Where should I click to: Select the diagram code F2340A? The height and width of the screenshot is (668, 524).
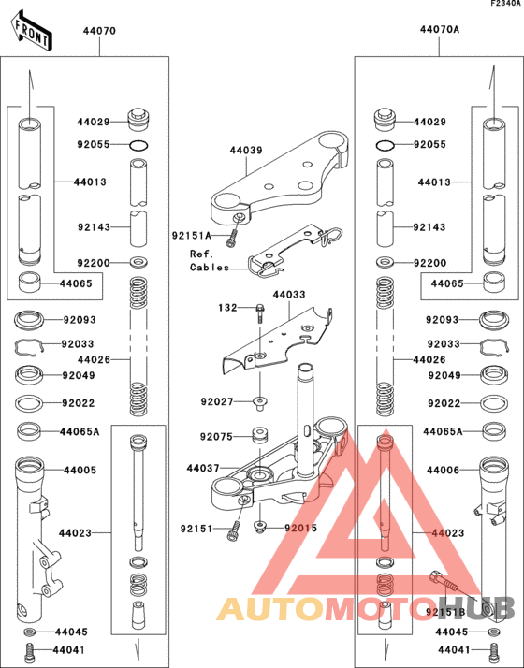[503, 5]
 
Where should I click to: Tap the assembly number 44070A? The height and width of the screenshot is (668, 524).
[439, 30]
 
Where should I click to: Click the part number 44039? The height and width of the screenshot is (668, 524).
[245, 151]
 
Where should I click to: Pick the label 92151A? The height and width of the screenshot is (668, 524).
[192, 235]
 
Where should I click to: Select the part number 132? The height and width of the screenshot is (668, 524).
[228, 307]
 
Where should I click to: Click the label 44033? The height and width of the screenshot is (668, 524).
[288, 295]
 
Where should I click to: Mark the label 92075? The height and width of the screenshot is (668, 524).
[216, 437]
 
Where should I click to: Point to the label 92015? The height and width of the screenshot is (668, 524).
[301, 529]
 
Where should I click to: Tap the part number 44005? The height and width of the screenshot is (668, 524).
[78, 470]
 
